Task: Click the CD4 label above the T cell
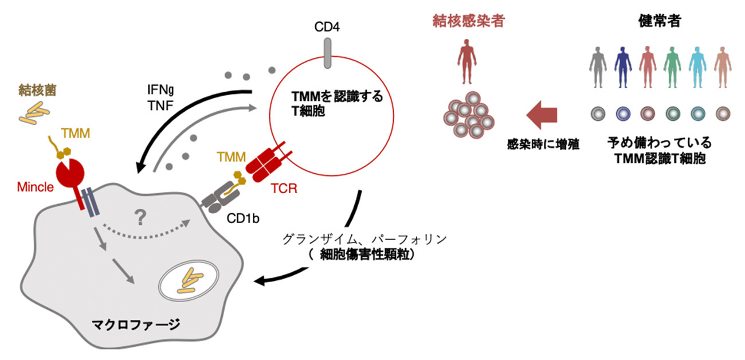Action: pos(327,27)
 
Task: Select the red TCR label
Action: pos(284,188)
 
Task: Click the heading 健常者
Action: pos(658,21)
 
